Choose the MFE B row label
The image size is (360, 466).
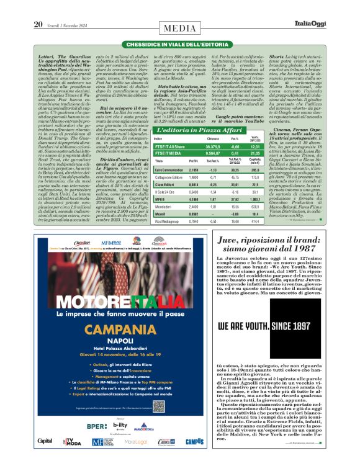pos(159,199)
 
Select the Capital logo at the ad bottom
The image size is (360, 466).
pos(44,459)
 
